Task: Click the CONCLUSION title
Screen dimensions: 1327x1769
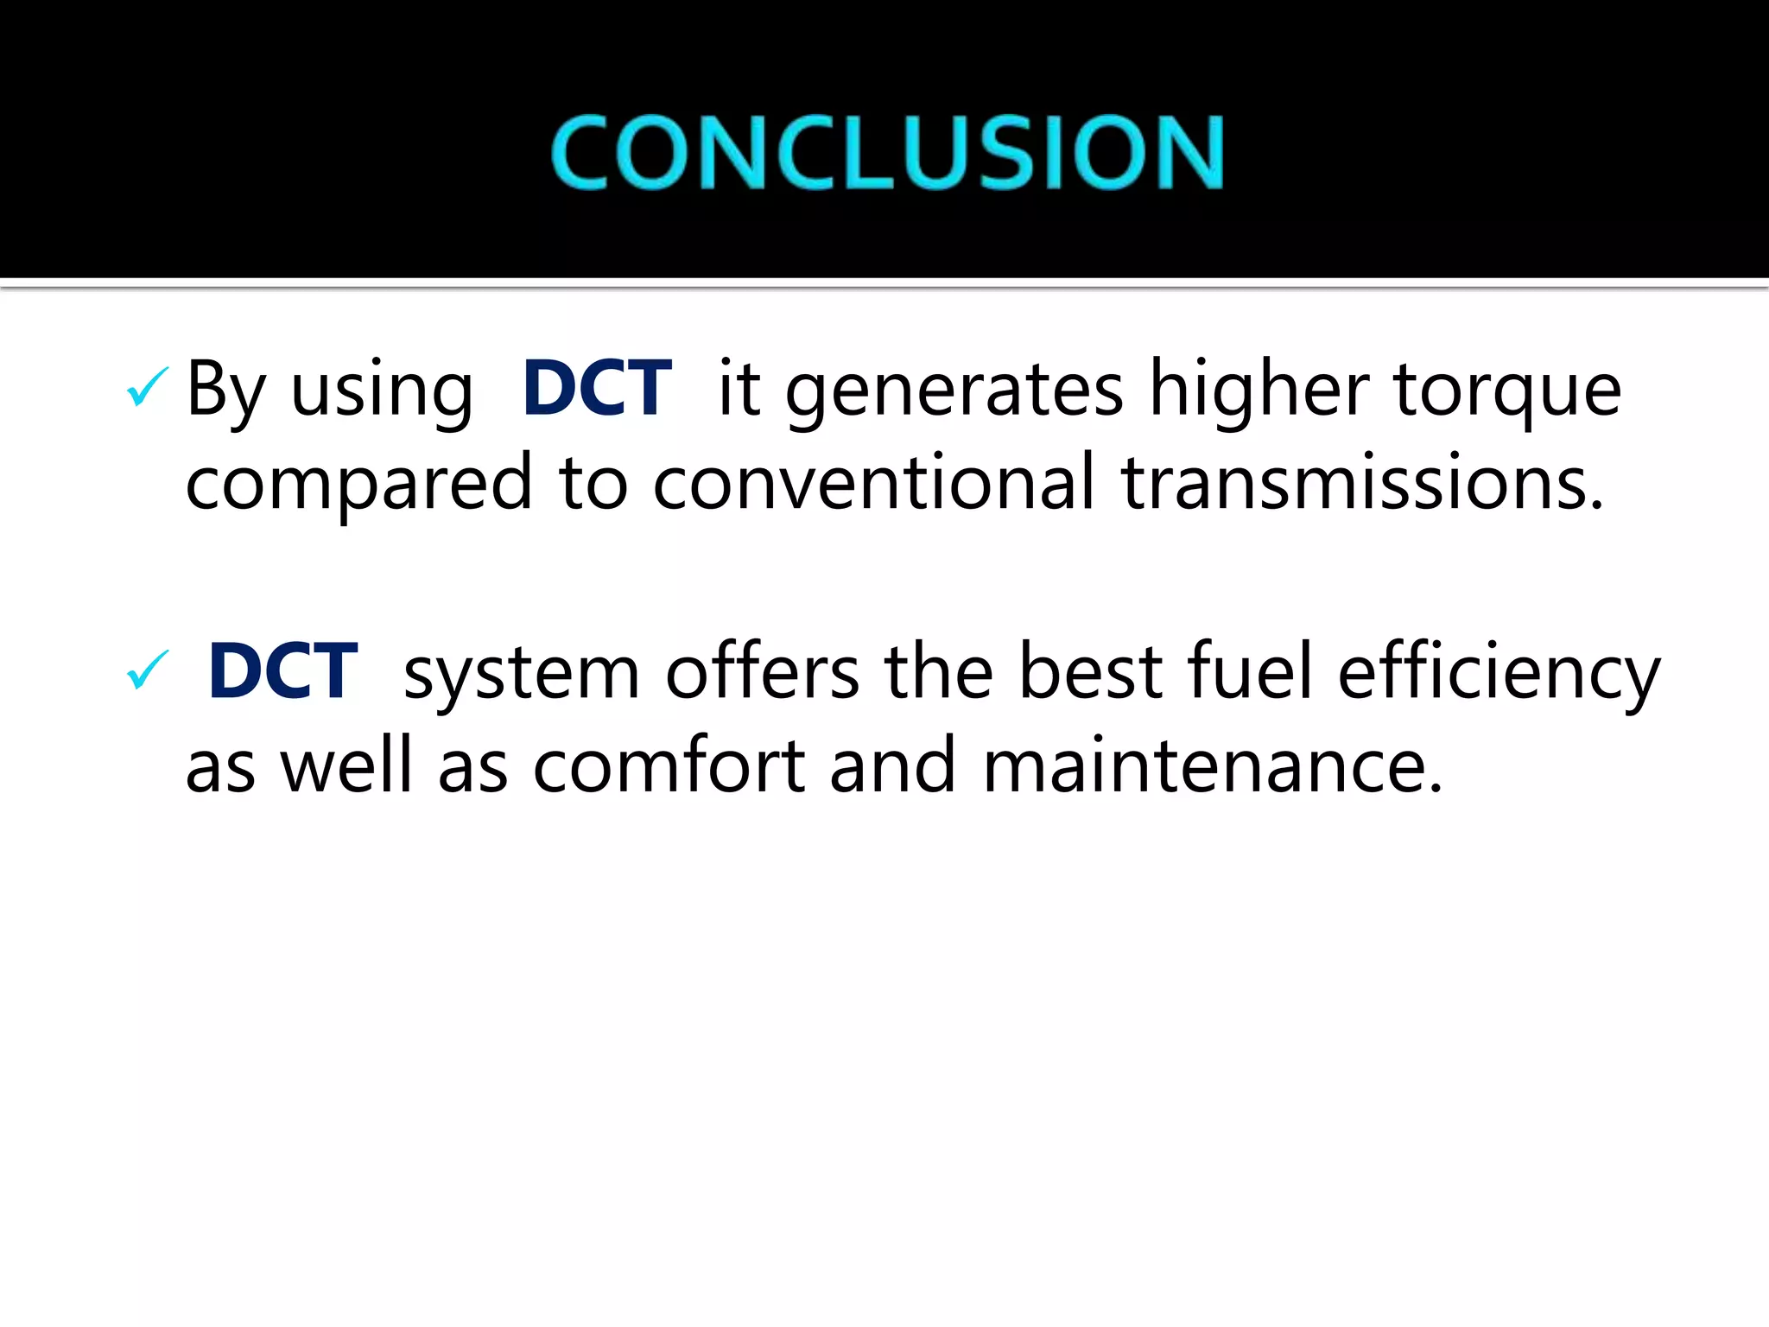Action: click(887, 152)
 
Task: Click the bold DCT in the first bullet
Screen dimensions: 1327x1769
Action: click(596, 389)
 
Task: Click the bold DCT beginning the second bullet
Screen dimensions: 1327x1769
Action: click(282, 671)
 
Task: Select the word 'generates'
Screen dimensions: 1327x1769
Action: click(954, 390)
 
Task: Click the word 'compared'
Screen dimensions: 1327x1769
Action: click(358, 484)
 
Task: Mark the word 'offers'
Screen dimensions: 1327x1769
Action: click(763, 672)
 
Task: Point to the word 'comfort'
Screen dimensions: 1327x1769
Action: click(669, 766)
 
